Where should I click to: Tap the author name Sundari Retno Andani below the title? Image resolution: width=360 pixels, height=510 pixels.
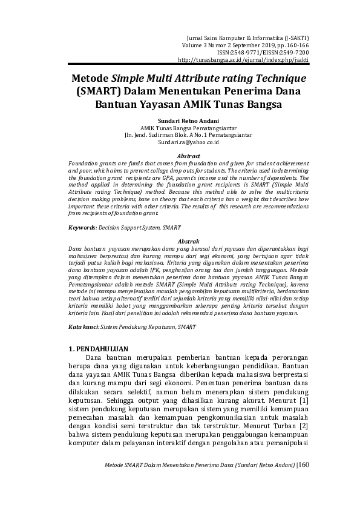(x=180, y=121)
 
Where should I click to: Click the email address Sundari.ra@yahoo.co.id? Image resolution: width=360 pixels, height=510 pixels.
(x=180, y=142)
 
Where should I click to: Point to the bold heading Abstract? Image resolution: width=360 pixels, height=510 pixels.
(x=180, y=156)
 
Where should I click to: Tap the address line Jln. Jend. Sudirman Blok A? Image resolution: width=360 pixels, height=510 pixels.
(x=180, y=135)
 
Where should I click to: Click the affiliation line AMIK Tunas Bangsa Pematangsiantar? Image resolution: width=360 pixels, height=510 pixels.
(x=180, y=128)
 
